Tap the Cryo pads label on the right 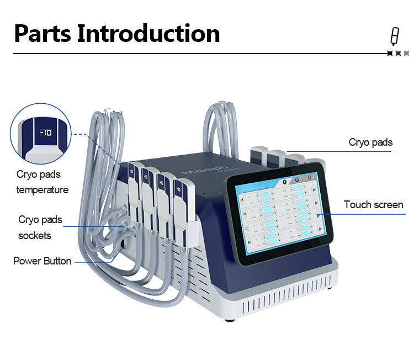coord(370,142)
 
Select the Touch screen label coord(373,205)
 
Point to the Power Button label coord(43,261)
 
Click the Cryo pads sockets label coord(40,227)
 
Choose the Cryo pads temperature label coord(43,182)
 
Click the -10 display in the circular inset coord(45,132)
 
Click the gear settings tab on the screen coord(297,180)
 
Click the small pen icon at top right coord(394,36)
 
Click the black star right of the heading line coord(390,54)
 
